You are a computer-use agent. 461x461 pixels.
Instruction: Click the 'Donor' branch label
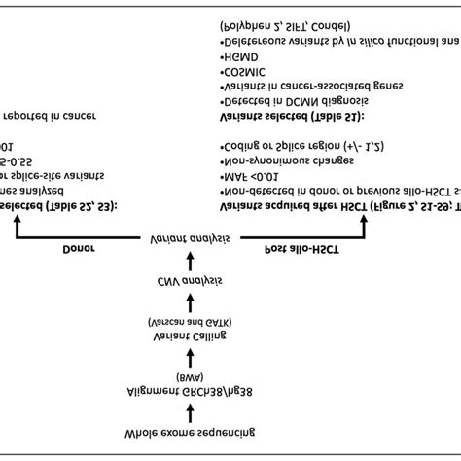[x=79, y=248]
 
